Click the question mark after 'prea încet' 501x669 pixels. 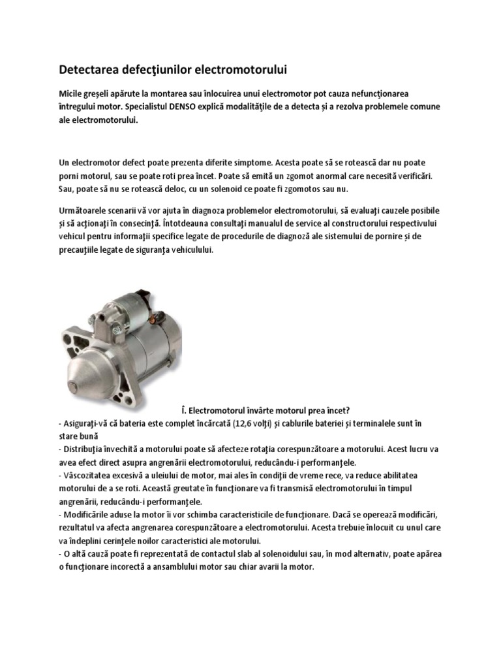[x=349, y=410]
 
